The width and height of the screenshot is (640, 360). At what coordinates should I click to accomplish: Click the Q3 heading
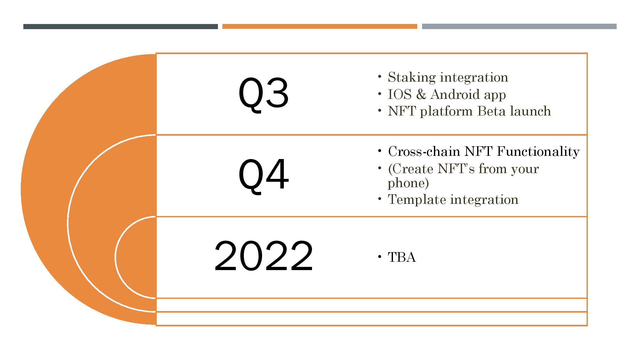pyautogui.click(x=264, y=94)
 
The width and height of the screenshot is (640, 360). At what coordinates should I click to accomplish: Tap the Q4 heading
pyautogui.click(x=264, y=175)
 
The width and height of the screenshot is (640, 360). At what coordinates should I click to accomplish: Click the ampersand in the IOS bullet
pyautogui.click(x=421, y=94)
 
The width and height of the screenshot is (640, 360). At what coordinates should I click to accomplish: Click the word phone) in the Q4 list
pyautogui.click(x=408, y=183)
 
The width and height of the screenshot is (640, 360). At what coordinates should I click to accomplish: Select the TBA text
pyautogui.click(x=402, y=257)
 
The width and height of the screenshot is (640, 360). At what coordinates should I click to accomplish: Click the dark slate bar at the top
pyautogui.click(x=121, y=27)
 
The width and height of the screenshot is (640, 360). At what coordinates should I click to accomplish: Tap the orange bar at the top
pyautogui.click(x=320, y=27)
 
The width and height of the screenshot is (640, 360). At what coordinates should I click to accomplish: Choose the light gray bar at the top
pyautogui.click(x=519, y=27)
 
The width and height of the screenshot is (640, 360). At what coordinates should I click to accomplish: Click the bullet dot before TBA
pyautogui.click(x=380, y=257)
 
